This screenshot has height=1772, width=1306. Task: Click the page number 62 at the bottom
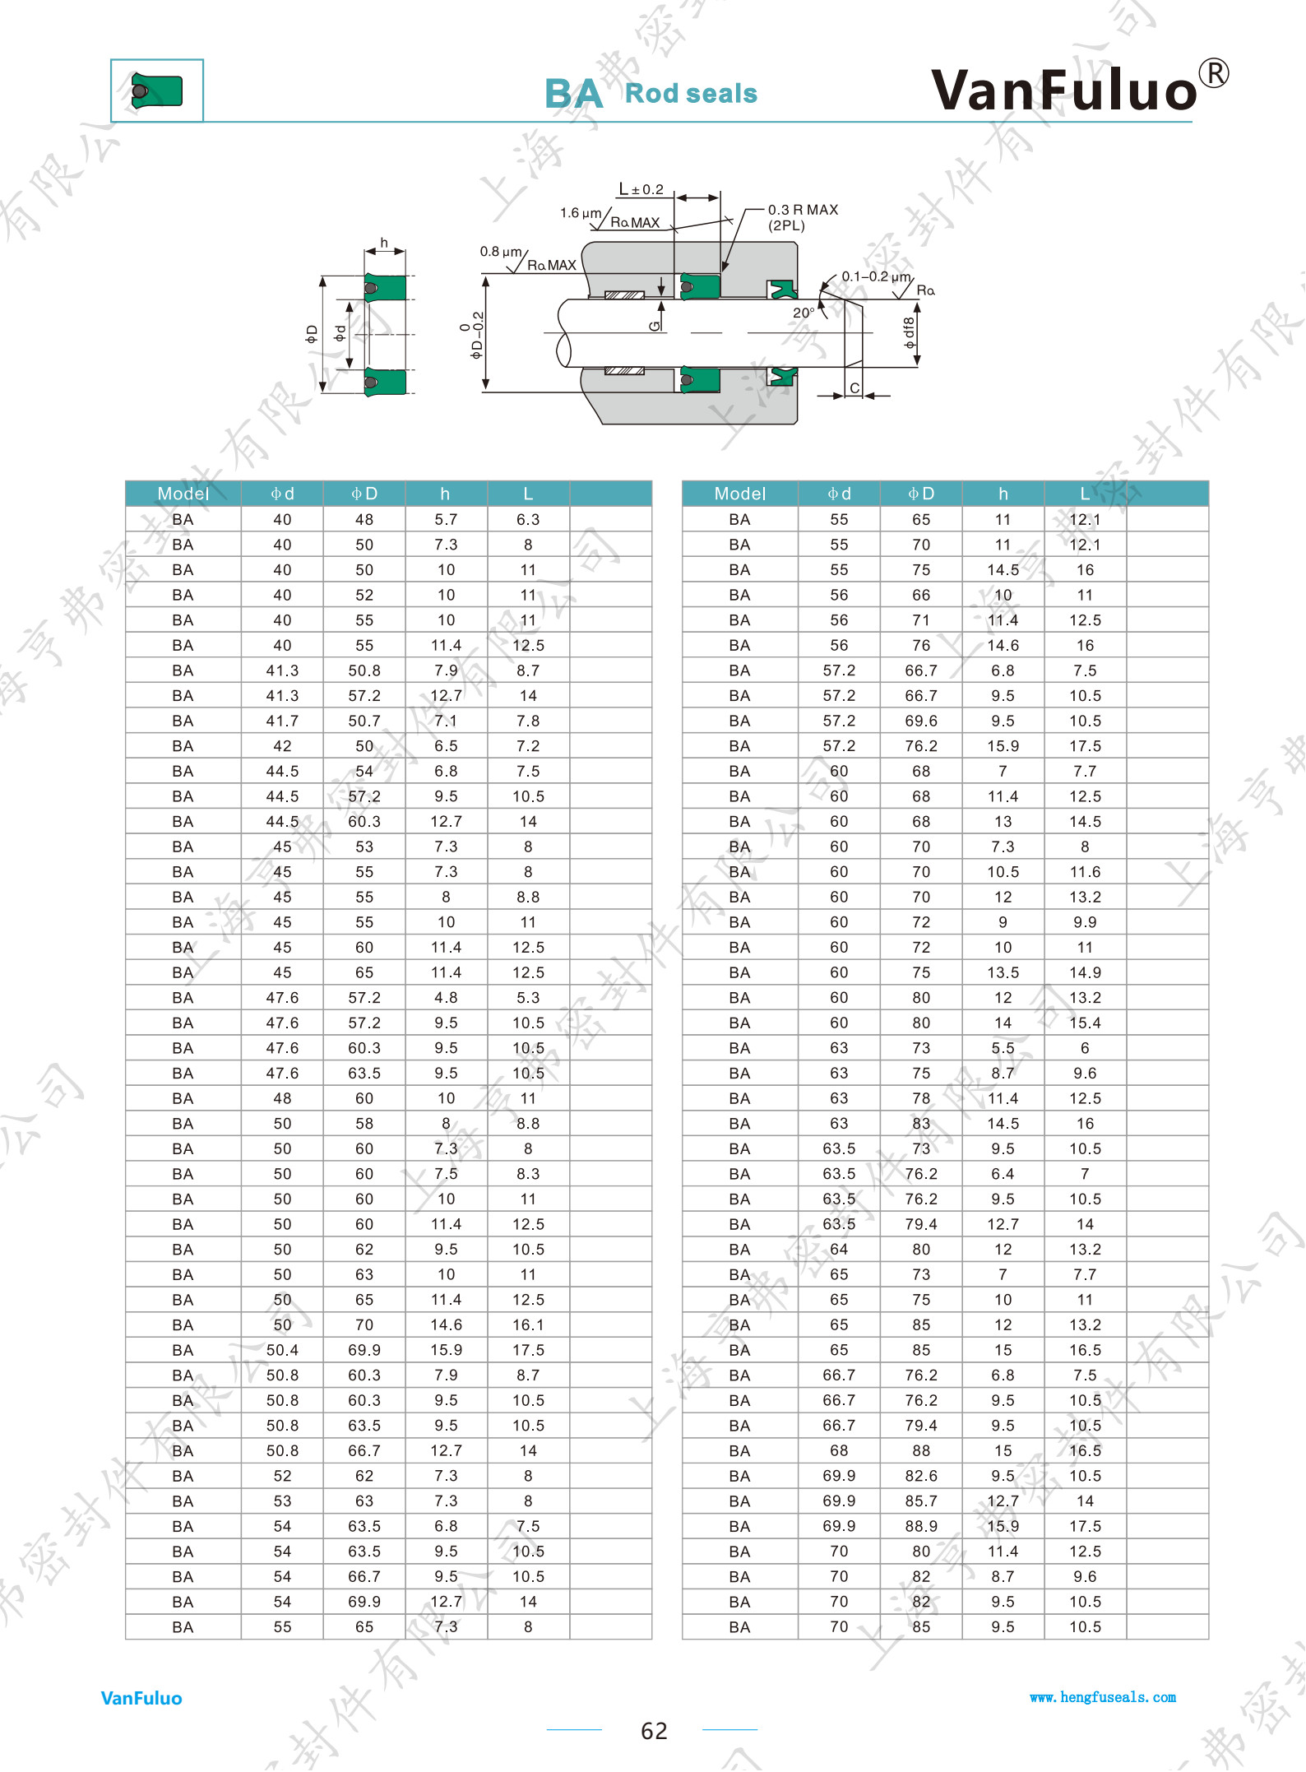point(654,1731)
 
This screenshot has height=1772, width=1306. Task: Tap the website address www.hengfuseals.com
point(1102,1697)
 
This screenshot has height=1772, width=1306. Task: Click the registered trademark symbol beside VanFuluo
point(1213,73)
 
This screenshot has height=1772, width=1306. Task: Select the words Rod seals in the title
point(691,93)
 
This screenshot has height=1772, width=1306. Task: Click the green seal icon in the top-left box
point(156,90)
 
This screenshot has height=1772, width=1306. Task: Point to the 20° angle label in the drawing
point(804,313)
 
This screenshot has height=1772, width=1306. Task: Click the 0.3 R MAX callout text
point(803,210)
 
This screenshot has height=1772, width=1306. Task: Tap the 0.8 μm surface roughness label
point(501,251)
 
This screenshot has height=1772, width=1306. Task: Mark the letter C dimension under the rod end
point(854,388)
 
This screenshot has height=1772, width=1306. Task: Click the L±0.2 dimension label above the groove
point(641,189)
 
